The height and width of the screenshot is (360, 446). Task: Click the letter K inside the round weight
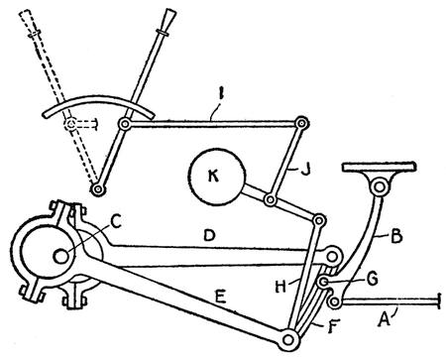click(213, 177)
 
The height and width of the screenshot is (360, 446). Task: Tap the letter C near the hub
click(115, 221)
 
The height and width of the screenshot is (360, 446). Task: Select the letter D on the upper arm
click(209, 235)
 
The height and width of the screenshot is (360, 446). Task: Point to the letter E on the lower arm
click(220, 298)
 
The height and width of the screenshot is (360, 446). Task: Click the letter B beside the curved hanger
click(395, 237)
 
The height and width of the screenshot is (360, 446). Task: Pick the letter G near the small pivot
click(373, 280)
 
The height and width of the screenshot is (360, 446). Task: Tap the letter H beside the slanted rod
click(280, 287)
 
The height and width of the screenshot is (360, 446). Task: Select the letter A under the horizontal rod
click(385, 319)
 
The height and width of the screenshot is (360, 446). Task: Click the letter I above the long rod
click(222, 95)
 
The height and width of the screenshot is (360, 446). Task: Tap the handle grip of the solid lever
click(169, 19)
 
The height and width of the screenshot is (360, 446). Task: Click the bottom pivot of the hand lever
click(98, 189)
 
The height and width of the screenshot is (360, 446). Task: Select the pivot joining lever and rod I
click(125, 125)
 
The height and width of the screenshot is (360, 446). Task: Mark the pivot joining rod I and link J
click(301, 123)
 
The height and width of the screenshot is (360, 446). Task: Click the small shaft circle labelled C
click(61, 256)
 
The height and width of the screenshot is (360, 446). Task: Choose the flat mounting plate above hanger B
click(379, 167)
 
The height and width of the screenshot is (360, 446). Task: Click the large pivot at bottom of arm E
click(288, 339)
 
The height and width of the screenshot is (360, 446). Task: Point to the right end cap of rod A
click(439, 300)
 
